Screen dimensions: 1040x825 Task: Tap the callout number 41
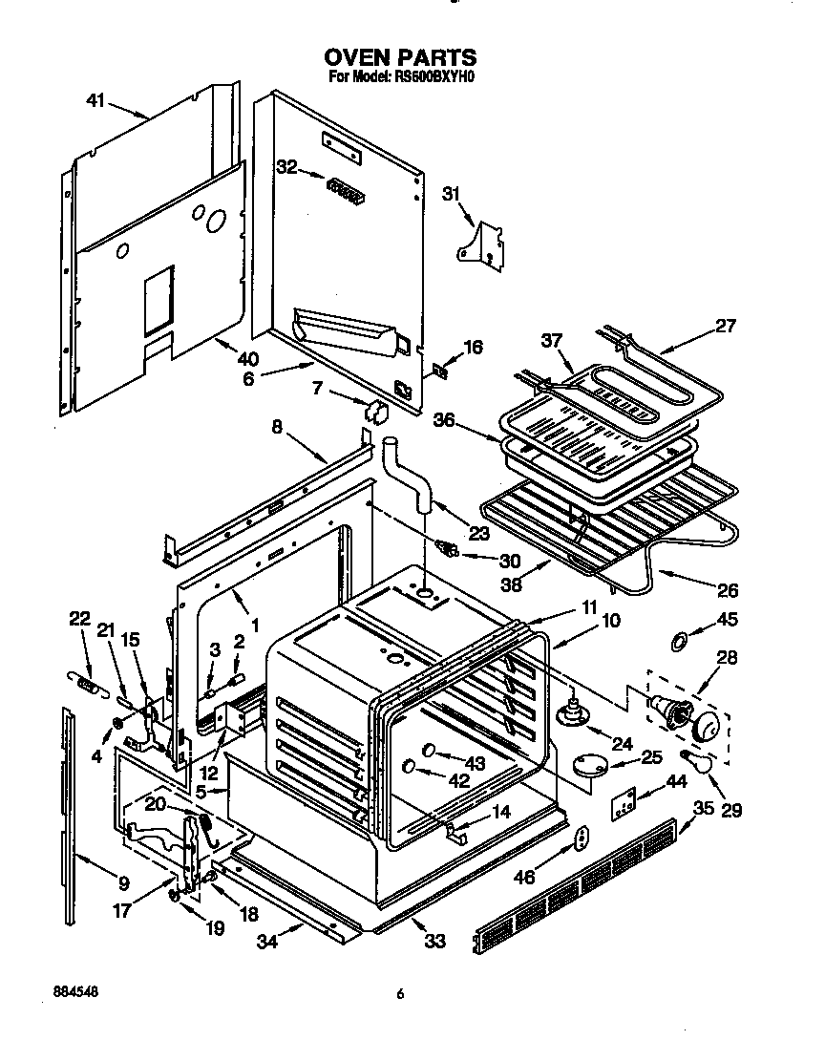(x=95, y=99)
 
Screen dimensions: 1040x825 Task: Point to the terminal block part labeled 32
(x=345, y=191)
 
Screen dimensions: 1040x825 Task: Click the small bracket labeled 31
(x=483, y=243)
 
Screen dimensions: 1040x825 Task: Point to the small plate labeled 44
(x=624, y=804)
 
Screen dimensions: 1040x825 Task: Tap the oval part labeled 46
(x=580, y=838)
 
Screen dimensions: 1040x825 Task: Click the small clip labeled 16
(x=440, y=369)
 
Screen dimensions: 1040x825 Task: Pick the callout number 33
(x=434, y=942)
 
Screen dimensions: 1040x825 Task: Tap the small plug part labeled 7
(x=373, y=412)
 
